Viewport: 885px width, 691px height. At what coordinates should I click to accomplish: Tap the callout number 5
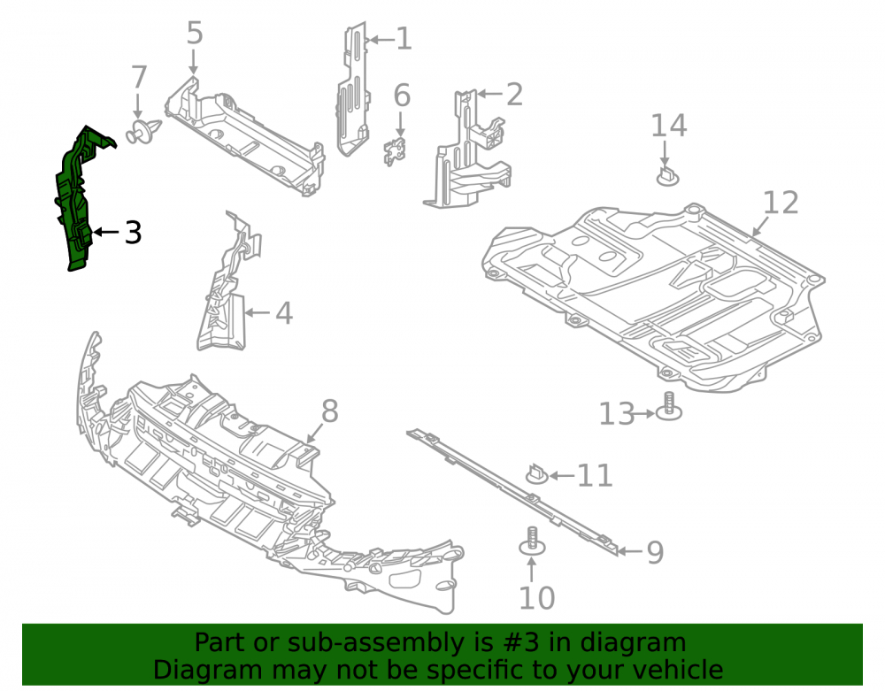tap(194, 34)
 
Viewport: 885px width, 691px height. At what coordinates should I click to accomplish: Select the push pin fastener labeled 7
tap(142, 131)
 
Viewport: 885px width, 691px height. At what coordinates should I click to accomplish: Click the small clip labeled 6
tap(396, 151)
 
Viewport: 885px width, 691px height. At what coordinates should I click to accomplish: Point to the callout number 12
tap(781, 203)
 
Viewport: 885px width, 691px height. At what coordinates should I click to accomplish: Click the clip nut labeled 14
tap(667, 176)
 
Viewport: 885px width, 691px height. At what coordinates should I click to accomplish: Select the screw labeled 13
tap(669, 406)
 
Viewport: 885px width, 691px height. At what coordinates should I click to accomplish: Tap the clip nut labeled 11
tap(537, 474)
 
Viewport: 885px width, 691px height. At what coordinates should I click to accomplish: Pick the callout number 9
tap(655, 552)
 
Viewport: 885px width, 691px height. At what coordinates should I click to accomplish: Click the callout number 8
tap(329, 411)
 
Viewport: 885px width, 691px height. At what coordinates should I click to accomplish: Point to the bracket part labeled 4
tap(228, 282)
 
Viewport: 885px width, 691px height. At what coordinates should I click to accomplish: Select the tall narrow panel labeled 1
tap(352, 90)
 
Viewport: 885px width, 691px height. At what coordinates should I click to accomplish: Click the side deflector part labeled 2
tap(467, 150)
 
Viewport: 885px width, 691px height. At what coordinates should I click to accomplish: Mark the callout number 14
tap(669, 126)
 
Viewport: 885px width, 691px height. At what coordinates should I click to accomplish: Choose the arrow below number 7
tap(138, 106)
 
